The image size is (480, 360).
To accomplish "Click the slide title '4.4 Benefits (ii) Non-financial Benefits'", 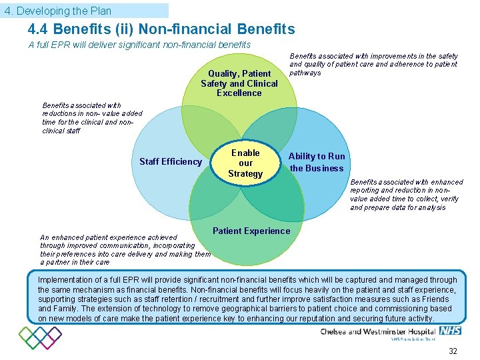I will coord(161,29).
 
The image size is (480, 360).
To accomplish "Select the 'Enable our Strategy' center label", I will coord(245,163).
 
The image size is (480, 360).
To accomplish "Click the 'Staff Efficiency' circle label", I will coord(170,161).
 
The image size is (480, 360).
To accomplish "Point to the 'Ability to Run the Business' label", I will coord(317,162).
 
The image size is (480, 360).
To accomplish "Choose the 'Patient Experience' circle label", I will coord(251,231).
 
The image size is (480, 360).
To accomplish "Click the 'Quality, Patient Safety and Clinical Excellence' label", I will coord(239,83).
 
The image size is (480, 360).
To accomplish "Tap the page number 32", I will coord(453,351).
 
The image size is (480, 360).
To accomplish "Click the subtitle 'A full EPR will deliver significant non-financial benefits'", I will coord(139,45).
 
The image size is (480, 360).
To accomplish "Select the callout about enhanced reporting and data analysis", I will coord(406,195).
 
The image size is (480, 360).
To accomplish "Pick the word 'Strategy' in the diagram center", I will coord(245,174).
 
